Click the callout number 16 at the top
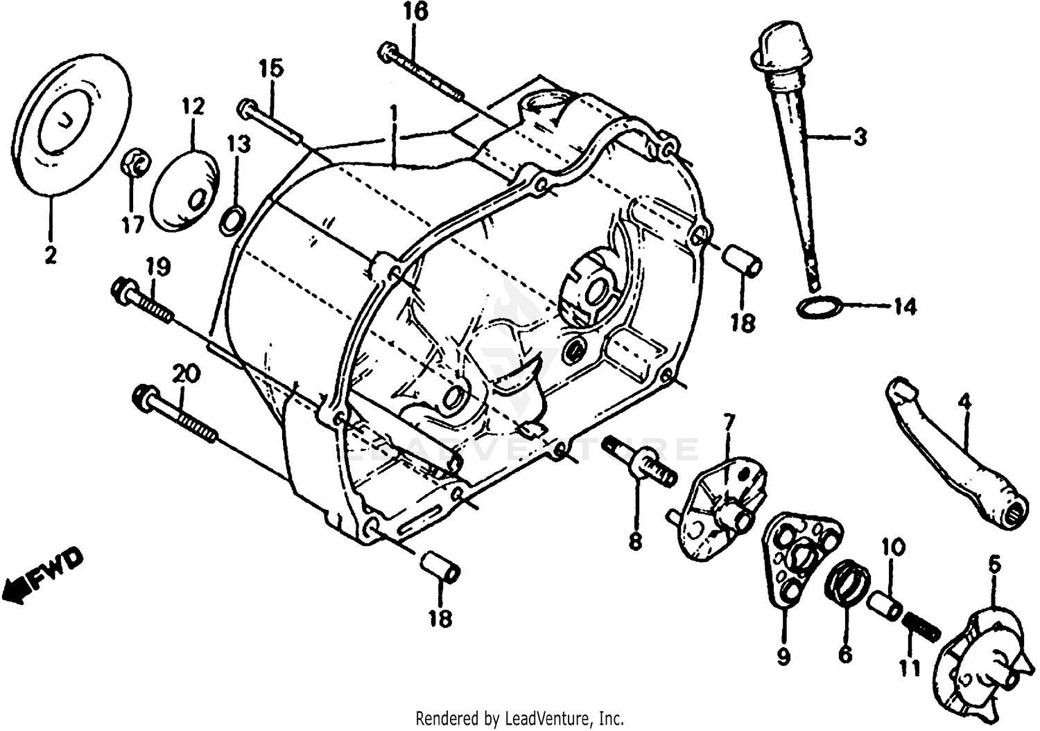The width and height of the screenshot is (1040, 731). tap(416, 12)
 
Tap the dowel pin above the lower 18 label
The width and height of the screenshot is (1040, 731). tap(440, 568)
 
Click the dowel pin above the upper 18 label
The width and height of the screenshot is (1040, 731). tap(743, 262)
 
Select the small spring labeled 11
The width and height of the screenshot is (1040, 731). tap(920, 626)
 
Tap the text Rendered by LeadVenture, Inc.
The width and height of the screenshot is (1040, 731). tap(519, 718)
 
